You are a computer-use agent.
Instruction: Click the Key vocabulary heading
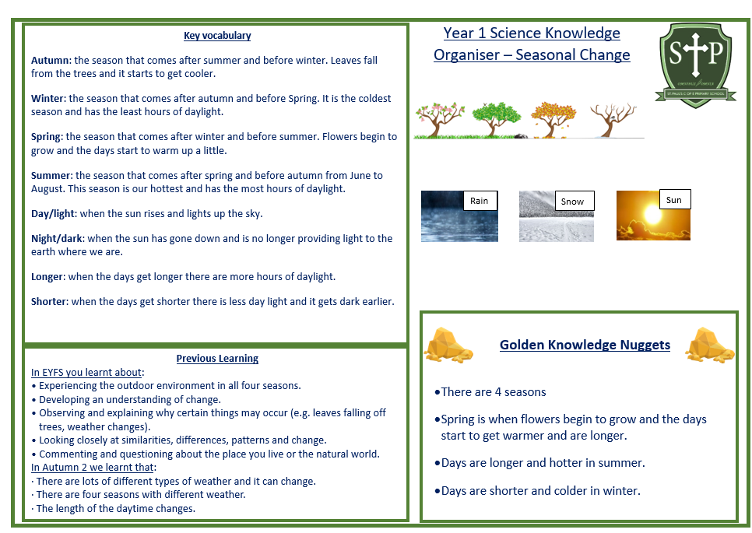217,36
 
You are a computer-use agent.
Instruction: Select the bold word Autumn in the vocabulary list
51,61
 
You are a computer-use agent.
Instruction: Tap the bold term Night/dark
57,239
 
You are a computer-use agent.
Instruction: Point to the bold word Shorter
49,301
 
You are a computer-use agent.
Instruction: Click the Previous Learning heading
217,359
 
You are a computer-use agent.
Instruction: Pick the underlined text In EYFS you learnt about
86,373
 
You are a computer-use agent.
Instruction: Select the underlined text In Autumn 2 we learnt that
93,468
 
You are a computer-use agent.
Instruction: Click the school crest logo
695,65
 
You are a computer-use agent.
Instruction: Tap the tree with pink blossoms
440,119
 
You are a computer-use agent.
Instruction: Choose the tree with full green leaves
496,119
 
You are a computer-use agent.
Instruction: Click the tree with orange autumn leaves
553,119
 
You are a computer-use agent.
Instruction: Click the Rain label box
480,201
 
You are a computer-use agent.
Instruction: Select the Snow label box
574,202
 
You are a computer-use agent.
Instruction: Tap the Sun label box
675,200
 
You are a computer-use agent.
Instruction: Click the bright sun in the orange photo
652,214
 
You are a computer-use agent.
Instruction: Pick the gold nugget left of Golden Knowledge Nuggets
448,344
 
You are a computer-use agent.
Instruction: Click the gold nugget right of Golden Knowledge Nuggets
710,344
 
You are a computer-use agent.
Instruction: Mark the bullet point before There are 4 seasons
437,393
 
